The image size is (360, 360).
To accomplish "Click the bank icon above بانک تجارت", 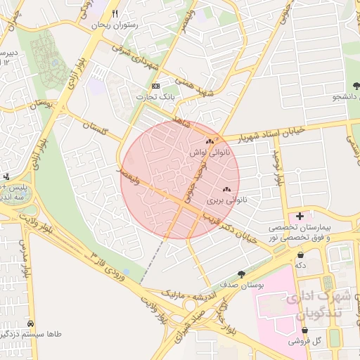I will point(155,86).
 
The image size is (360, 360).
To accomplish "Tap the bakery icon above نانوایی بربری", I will point(226,190).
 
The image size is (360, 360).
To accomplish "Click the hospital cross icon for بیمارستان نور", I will point(300,215).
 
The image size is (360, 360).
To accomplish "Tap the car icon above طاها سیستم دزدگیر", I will point(30,323).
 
